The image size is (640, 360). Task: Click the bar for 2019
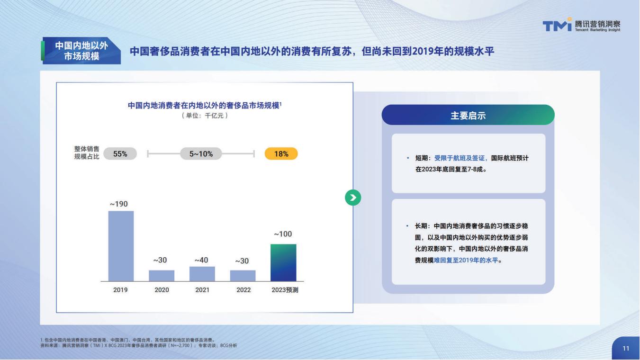point(121,246)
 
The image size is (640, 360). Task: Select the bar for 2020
point(162,276)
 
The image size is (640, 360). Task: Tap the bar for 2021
point(202,274)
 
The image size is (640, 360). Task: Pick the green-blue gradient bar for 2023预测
point(283,262)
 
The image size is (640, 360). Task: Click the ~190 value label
point(119,204)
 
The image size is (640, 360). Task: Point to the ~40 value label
point(201,260)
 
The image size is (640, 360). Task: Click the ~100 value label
point(283,234)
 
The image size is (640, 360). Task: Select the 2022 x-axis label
point(243,290)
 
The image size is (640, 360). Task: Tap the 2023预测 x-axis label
point(285,290)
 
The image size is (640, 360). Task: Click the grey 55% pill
point(120,154)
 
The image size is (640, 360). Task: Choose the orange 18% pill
point(281,154)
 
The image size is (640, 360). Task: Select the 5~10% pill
point(201,154)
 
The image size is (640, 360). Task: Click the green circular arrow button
point(353,198)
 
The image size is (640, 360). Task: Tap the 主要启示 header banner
point(468,115)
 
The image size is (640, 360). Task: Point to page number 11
point(626,348)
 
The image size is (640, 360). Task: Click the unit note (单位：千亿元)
point(205,116)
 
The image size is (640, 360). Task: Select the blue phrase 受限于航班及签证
point(460,158)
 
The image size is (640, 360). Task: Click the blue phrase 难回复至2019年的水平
point(466,260)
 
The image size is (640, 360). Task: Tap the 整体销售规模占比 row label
point(87,153)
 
